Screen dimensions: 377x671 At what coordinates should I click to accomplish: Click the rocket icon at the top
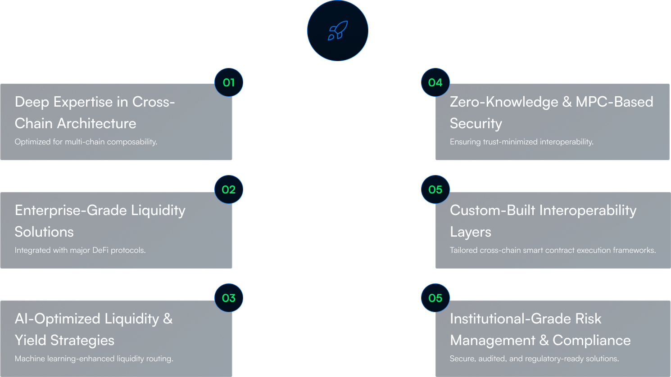click(337, 31)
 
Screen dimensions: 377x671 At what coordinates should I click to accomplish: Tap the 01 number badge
click(229, 82)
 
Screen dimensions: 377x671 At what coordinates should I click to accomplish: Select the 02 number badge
click(229, 189)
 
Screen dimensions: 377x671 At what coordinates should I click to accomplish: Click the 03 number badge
click(229, 298)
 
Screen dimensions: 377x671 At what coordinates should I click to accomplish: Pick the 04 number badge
click(435, 82)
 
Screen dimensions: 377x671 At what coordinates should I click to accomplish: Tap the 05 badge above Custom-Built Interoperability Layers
click(435, 189)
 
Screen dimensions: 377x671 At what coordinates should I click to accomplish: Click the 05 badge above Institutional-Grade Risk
click(435, 298)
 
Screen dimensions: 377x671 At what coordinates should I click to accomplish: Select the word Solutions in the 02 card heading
click(44, 232)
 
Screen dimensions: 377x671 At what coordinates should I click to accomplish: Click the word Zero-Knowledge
click(504, 102)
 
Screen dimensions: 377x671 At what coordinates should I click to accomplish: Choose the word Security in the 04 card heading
click(476, 123)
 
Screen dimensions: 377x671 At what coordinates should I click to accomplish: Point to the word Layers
click(470, 232)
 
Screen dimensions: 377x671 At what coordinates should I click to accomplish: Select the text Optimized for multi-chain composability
click(86, 142)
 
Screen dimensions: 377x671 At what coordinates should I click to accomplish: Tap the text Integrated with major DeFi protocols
click(80, 250)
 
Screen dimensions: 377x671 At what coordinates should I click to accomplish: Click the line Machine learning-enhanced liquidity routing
click(94, 359)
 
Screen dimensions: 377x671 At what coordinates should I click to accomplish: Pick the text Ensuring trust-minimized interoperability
click(521, 142)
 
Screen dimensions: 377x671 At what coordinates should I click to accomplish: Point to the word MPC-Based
click(614, 102)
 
